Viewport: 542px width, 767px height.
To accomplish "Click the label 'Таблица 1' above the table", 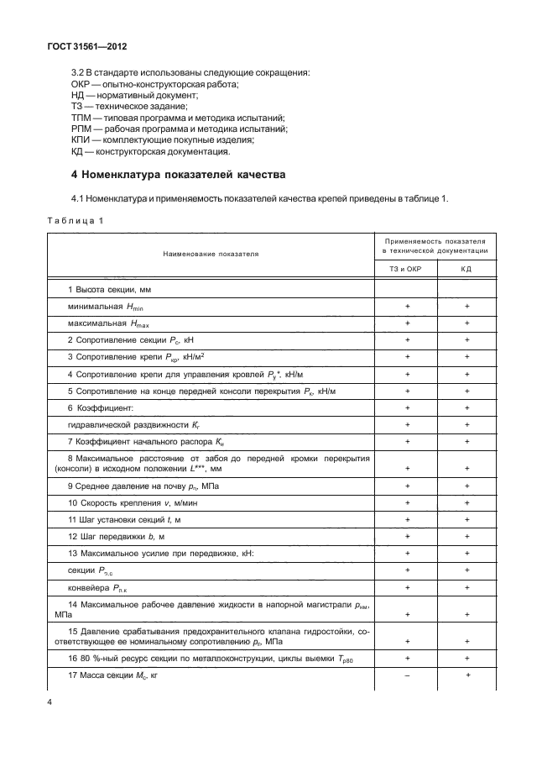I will (x=75, y=221).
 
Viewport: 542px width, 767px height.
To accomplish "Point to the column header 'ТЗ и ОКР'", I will (x=407, y=268).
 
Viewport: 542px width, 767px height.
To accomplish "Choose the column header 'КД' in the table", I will (x=466, y=268).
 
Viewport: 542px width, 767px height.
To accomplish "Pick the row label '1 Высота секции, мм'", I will (x=109, y=290).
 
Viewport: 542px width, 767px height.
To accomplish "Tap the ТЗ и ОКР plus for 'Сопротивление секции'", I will (x=407, y=339).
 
